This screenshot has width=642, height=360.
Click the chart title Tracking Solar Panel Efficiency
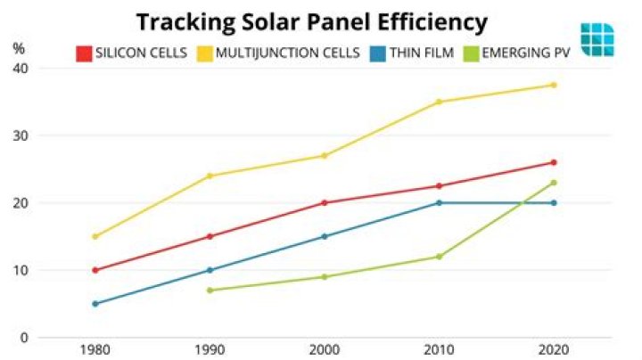[311, 20]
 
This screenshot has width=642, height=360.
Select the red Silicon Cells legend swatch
[84, 53]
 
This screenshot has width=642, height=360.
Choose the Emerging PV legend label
[527, 53]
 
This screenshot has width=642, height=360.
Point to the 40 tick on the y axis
[20, 69]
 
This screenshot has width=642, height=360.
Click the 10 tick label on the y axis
[20, 270]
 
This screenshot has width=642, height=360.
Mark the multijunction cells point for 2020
[554, 85]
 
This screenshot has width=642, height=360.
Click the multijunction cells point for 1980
[95, 236]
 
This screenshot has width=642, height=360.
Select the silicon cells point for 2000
[325, 202]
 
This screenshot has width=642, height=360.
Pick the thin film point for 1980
[95, 304]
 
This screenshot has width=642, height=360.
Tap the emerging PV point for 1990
[210, 290]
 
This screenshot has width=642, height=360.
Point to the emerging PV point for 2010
[439, 257]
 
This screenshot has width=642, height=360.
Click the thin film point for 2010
[439, 202]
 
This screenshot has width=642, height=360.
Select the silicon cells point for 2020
[554, 162]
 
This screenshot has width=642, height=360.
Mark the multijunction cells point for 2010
[439, 102]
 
